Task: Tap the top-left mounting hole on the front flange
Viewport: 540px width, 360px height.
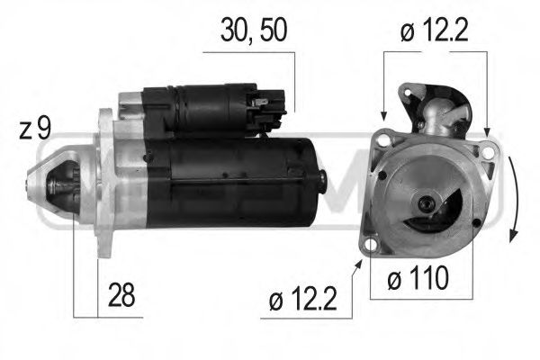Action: point(384,140)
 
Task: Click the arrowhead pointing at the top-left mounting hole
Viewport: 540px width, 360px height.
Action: point(383,117)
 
